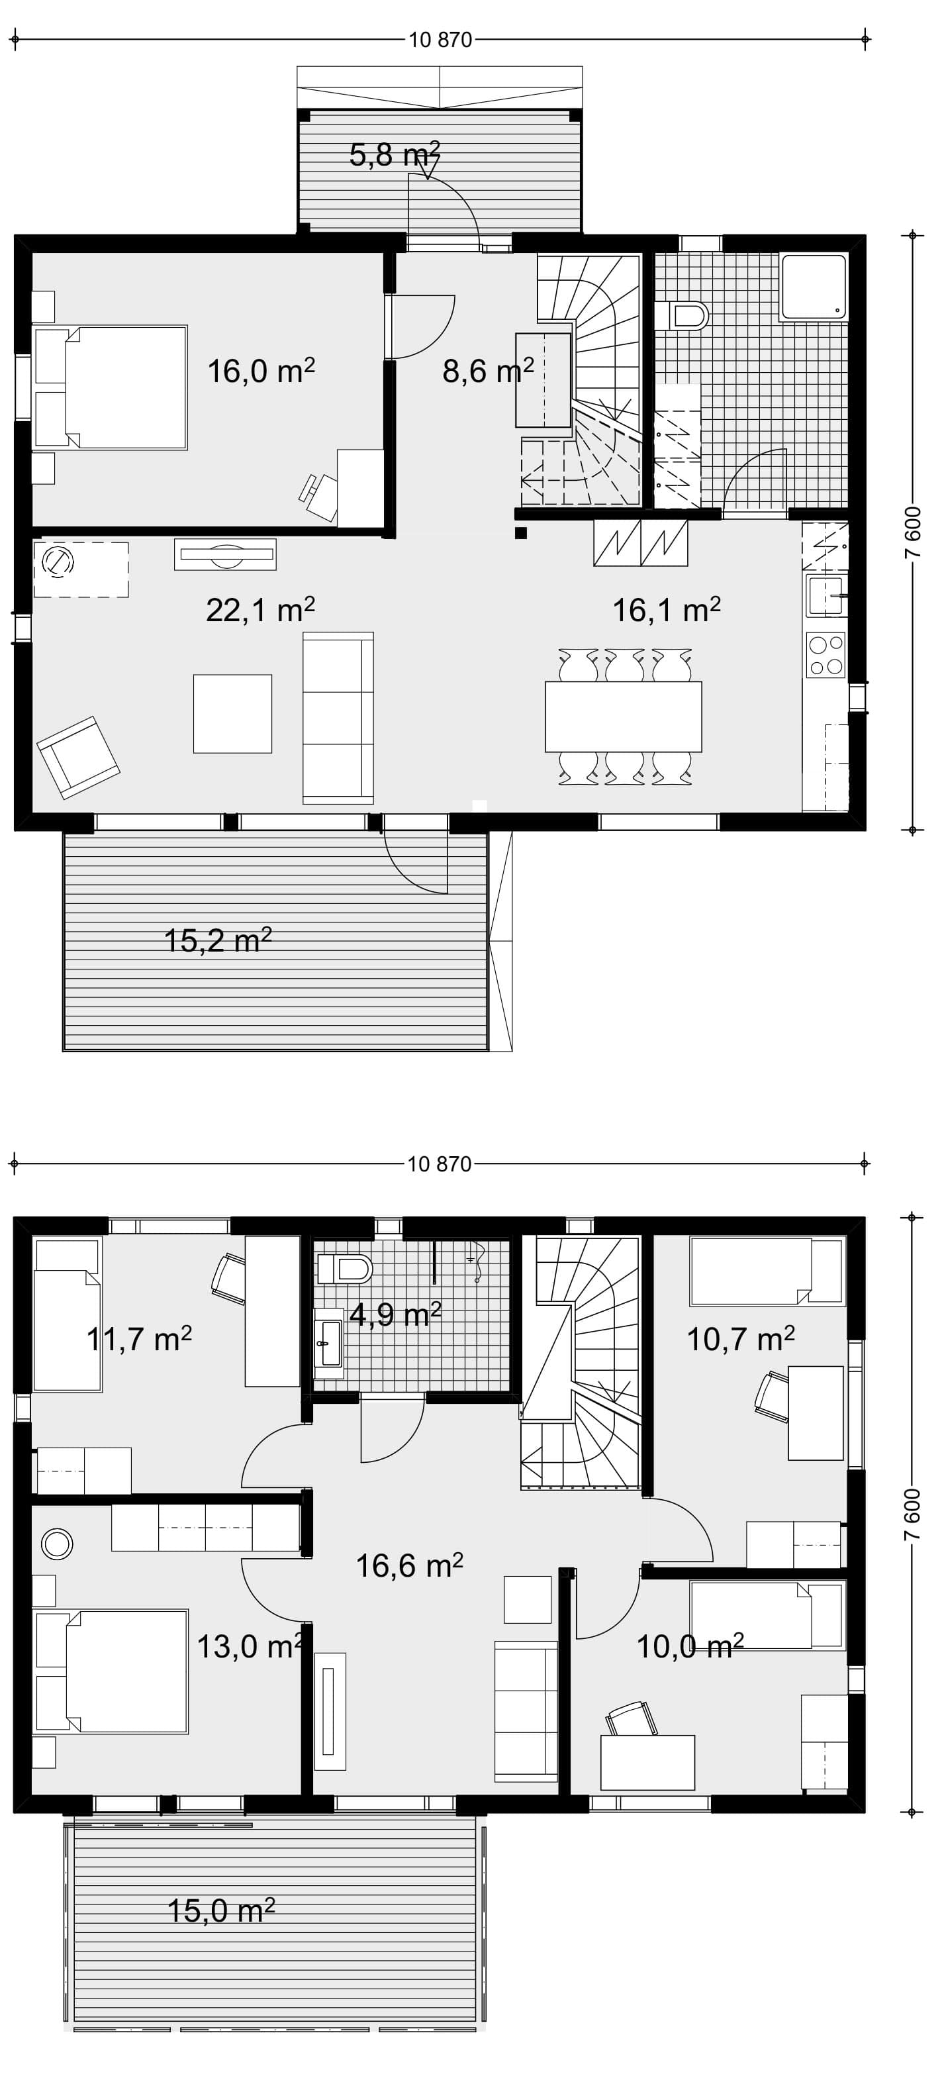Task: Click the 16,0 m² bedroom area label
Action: (261, 371)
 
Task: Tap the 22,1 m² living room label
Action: (259, 609)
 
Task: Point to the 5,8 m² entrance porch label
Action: (395, 153)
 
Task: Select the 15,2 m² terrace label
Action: (218, 940)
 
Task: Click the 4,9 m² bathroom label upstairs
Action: (395, 1314)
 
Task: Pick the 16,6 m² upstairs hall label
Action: (409, 1565)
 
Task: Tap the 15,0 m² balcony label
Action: (221, 1909)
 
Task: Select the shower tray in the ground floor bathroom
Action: (814, 286)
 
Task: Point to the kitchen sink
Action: (825, 597)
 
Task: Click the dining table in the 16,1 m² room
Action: (623, 717)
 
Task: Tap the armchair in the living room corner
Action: (78, 758)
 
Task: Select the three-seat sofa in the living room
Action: (338, 718)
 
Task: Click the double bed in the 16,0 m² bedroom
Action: (111, 387)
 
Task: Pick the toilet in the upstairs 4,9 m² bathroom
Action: (345, 1270)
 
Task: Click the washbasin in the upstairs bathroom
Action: (329, 1343)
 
